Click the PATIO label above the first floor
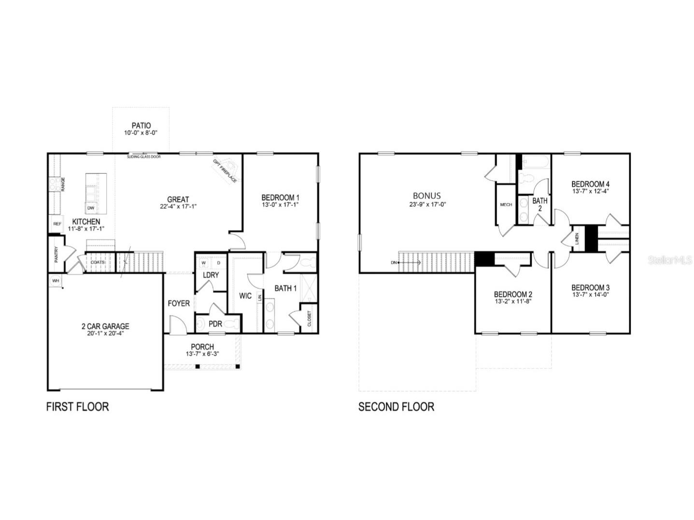click(x=141, y=126)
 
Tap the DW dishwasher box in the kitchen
click(x=90, y=208)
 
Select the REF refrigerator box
click(x=57, y=224)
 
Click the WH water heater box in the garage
click(x=56, y=280)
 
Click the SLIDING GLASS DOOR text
click(x=144, y=156)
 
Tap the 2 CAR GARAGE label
click(x=105, y=326)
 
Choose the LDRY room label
click(x=211, y=275)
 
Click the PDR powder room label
click(x=215, y=323)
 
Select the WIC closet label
click(x=245, y=295)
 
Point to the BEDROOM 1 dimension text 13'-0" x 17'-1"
click(x=280, y=206)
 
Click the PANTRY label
click(x=57, y=254)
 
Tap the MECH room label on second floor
click(x=506, y=205)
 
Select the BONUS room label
click(x=426, y=196)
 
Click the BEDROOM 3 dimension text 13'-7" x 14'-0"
click(x=590, y=294)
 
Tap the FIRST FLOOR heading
click(x=77, y=407)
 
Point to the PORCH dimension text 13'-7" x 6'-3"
click(x=202, y=354)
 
